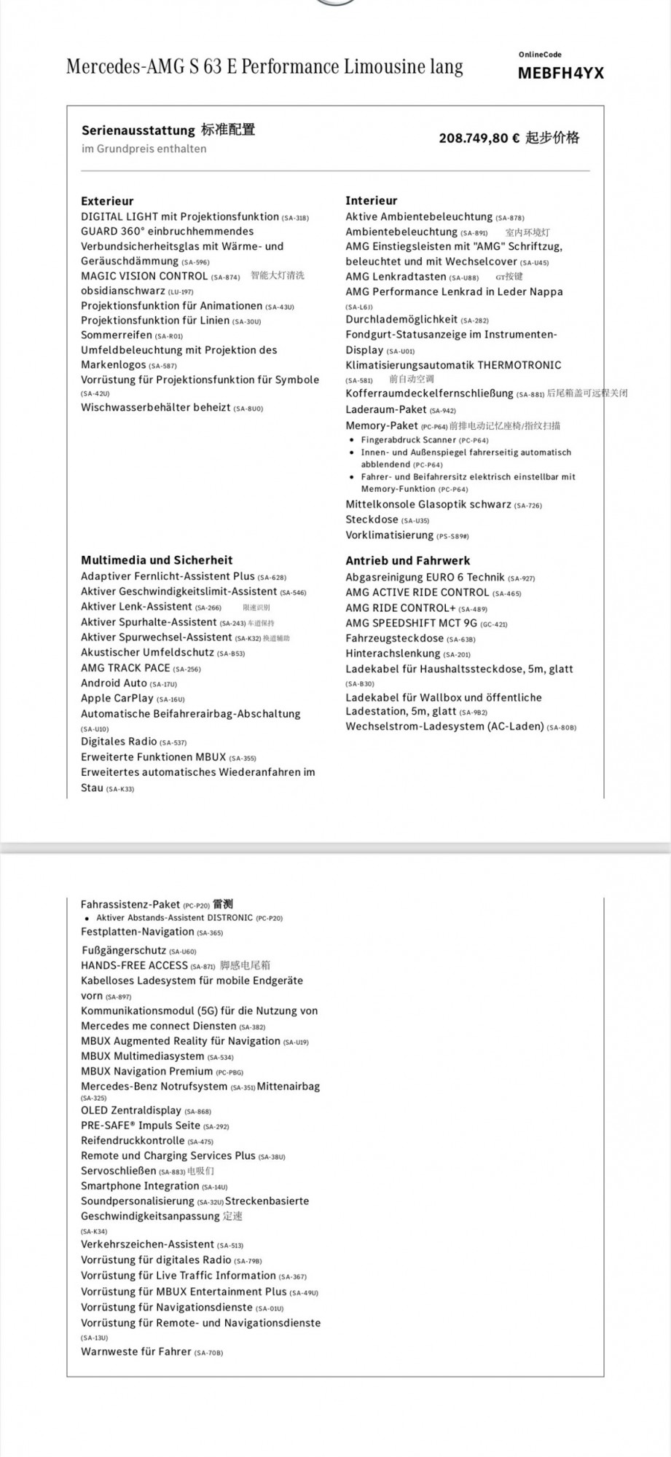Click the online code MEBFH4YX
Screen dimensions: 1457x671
click(560, 73)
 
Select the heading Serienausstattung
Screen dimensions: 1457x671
click(139, 130)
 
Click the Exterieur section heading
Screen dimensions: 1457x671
click(107, 201)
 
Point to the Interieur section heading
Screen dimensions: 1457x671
click(371, 200)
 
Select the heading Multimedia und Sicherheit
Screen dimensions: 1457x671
click(157, 560)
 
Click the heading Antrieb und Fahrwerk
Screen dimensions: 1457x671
click(407, 561)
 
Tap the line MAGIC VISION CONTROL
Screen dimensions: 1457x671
click(144, 276)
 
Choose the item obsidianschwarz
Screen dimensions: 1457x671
click(123, 291)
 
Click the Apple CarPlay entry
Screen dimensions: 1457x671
click(117, 698)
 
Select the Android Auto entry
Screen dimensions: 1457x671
click(114, 683)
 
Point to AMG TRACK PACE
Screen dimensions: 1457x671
click(125, 667)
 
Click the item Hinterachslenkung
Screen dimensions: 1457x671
click(393, 653)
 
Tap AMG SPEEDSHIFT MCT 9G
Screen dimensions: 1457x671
click(411, 623)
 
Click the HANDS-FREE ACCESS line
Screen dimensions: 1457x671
click(135, 965)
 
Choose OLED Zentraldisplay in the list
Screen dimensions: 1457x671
click(131, 1111)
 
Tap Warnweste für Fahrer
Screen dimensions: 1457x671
click(136, 1351)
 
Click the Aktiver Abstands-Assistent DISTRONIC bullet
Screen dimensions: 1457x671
click(175, 918)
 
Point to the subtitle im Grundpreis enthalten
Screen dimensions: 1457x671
click(144, 149)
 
